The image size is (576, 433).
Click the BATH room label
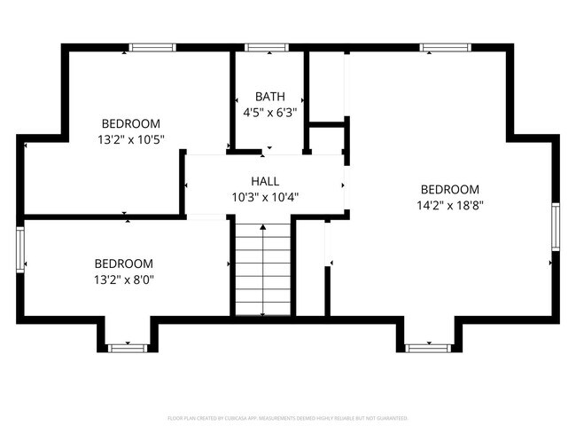click(269, 97)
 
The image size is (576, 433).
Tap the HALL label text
click(265, 181)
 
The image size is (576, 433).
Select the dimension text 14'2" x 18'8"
click(449, 205)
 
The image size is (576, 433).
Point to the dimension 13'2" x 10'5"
click(130, 139)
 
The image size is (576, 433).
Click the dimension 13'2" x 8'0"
click(124, 279)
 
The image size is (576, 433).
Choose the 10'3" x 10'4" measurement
click(265, 197)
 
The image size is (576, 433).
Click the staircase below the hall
click(263, 269)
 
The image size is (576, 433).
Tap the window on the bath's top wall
click(261, 47)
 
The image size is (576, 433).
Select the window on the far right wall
click(556, 226)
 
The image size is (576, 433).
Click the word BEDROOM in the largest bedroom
click(449, 189)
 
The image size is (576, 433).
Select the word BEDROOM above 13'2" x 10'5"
click(130, 123)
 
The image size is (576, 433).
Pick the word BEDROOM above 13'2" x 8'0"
click(124, 264)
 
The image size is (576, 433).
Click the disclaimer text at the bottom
click(287, 417)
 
